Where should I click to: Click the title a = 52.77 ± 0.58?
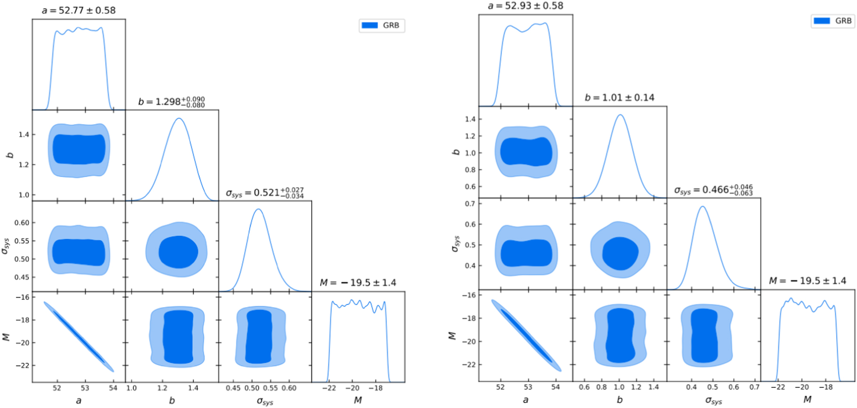click(79, 10)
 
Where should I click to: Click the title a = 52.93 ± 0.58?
click(525, 6)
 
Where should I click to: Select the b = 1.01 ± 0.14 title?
click(619, 98)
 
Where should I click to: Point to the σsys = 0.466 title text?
click(713, 190)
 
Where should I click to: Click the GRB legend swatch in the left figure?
click(370, 25)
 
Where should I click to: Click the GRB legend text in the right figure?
click(843, 21)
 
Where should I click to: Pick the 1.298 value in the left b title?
click(167, 102)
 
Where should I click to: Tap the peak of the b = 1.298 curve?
click(179, 118)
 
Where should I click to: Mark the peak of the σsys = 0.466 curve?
click(703, 206)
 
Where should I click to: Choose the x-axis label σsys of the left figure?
click(265, 401)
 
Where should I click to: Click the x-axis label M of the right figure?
click(807, 400)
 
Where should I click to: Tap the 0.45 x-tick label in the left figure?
click(233, 388)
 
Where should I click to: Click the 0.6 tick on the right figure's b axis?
click(584, 387)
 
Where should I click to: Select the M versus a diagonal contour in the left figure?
click(79, 336)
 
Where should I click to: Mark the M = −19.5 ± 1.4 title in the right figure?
click(807, 281)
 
